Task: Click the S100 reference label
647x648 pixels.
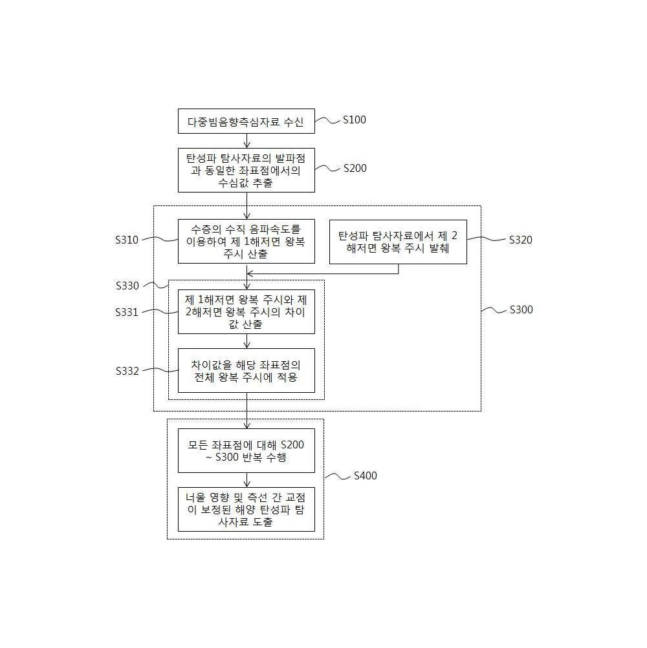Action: (x=355, y=120)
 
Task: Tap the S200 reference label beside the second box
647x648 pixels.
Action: (x=355, y=168)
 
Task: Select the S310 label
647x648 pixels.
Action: (x=127, y=240)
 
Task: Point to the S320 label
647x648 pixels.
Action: (x=520, y=240)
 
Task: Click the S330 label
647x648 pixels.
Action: (x=127, y=286)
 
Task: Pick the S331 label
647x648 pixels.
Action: (x=127, y=312)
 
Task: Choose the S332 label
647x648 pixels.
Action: (x=127, y=371)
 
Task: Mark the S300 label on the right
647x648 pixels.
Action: (x=521, y=309)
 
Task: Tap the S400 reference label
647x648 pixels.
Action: (x=365, y=476)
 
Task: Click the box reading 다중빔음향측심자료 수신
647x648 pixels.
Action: (x=247, y=121)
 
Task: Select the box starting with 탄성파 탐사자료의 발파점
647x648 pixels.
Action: (x=247, y=171)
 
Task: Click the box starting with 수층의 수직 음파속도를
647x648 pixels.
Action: (x=247, y=242)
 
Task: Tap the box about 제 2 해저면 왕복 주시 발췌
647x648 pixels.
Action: (x=398, y=242)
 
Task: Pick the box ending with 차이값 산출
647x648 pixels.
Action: (x=247, y=311)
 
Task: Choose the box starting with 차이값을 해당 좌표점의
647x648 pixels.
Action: (x=247, y=371)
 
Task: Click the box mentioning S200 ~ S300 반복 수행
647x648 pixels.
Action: (x=247, y=450)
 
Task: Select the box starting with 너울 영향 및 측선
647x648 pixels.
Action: (x=247, y=510)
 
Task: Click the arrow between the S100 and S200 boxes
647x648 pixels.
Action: (x=247, y=140)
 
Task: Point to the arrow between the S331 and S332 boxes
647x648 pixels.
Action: (x=247, y=341)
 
